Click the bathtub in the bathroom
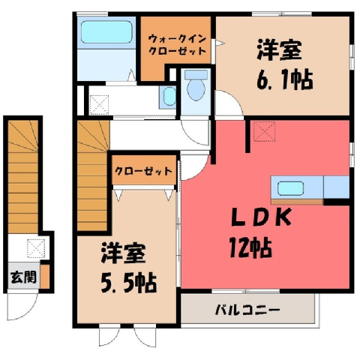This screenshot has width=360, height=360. (106, 32)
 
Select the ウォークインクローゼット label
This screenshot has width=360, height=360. (177, 45)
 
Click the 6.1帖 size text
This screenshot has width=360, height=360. (285, 80)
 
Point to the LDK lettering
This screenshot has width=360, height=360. (261, 217)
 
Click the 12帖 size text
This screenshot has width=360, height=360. (250, 247)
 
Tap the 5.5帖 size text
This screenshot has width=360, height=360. (129, 283)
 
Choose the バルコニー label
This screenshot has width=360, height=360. (247, 310)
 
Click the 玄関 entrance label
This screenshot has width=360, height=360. (24, 277)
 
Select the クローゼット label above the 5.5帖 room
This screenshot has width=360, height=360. (143, 171)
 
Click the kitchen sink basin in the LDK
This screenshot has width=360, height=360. (290, 188)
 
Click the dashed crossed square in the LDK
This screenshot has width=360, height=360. (265, 131)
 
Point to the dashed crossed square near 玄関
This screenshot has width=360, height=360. (36, 248)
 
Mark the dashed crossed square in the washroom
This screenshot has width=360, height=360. (99, 105)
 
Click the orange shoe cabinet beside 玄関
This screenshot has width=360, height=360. (45, 276)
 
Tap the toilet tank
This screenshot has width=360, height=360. (196, 74)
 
